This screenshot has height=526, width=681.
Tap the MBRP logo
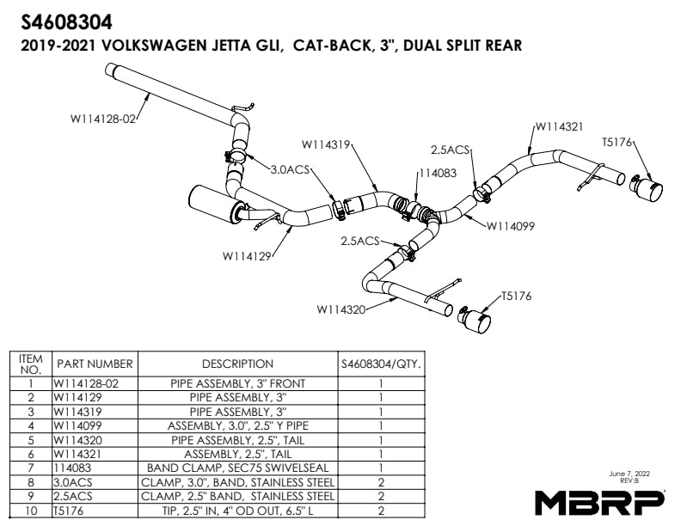point(599,500)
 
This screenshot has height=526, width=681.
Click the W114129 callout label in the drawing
point(247,255)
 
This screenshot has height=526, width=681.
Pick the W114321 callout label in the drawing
point(560,125)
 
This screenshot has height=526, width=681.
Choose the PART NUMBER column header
point(95,364)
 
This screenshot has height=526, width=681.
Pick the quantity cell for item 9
point(380,496)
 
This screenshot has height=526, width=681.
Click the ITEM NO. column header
point(30,364)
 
